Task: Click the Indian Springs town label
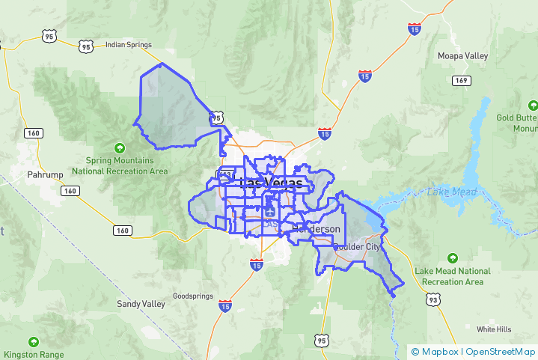pyautogui.click(x=128, y=44)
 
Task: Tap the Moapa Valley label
pyautogui.click(x=462, y=56)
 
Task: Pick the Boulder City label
pyautogui.click(x=358, y=246)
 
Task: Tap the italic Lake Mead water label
pyautogui.click(x=452, y=192)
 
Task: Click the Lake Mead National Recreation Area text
pyautogui.click(x=453, y=276)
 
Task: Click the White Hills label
pyautogui.click(x=494, y=329)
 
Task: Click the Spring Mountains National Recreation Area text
pyautogui.click(x=120, y=165)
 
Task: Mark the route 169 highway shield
pyautogui.click(x=461, y=81)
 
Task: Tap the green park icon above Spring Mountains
pyautogui.click(x=119, y=147)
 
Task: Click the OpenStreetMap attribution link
pyautogui.click(x=500, y=352)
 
